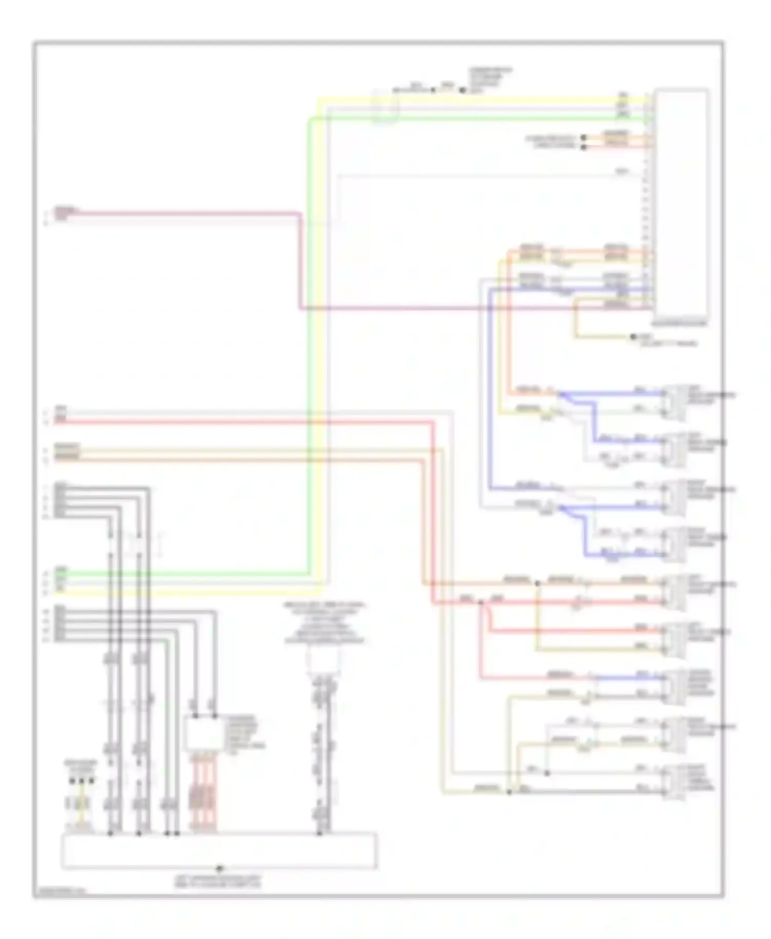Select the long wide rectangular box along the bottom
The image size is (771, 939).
click(219, 850)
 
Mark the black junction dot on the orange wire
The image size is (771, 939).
click(538, 584)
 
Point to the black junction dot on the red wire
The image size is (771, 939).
click(481, 603)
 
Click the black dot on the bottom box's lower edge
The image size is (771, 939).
click(219, 869)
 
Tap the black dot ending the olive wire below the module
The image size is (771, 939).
click(633, 337)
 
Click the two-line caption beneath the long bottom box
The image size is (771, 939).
click(218, 882)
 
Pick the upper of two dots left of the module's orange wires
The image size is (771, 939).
click(583, 138)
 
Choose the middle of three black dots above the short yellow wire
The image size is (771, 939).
click(81, 780)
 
